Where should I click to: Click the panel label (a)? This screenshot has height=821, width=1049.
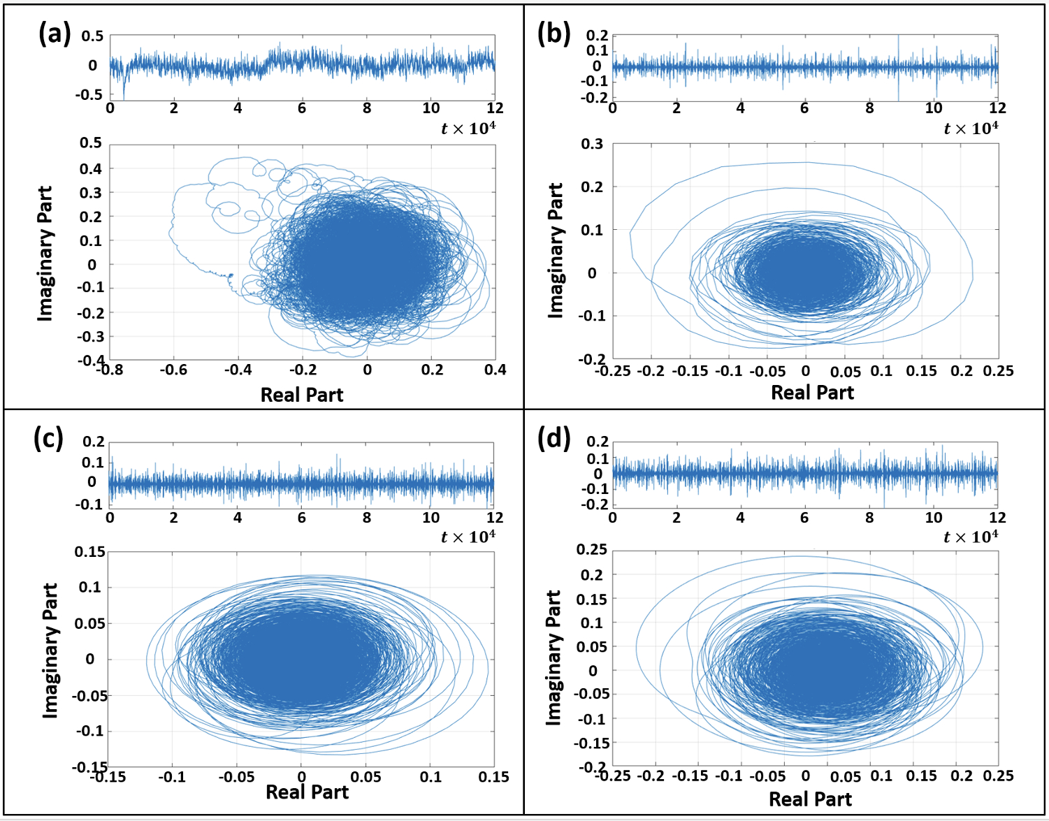[54, 33]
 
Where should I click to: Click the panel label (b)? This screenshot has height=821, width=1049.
[554, 33]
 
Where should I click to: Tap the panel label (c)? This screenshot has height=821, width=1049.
[48, 438]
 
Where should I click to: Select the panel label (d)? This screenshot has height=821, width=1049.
[554, 438]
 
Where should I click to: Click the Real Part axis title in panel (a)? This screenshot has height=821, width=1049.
[302, 395]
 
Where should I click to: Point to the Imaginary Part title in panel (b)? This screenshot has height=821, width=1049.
[556, 251]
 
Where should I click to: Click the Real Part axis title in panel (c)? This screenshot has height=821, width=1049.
[308, 792]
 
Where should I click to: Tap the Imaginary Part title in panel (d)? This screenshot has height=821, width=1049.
[554, 657]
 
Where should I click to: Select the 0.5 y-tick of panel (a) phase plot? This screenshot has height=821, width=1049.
[91, 143]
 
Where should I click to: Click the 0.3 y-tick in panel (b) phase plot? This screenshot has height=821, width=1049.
[592, 144]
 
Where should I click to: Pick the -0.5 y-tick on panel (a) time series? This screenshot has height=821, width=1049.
[90, 94]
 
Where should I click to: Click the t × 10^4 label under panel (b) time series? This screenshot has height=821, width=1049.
[971, 129]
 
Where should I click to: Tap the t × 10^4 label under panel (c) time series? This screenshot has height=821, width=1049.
[468, 537]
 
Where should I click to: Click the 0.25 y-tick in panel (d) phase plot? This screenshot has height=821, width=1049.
[591, 549]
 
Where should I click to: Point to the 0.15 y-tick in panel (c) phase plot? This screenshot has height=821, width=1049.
[90, 552]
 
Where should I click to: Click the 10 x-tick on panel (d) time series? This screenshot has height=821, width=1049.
[933, 518]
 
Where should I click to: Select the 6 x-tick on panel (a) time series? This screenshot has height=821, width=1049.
[302, 108]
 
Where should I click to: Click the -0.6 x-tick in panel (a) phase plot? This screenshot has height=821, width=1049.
[173, 370]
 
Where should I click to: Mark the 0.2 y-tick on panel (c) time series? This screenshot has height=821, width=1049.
[94, 442]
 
